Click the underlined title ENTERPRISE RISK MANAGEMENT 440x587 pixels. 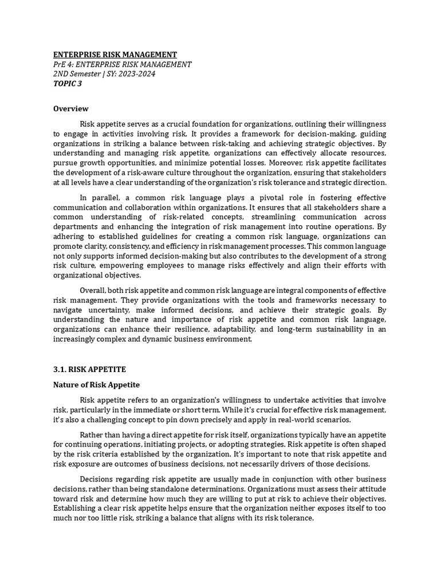click(115, 54)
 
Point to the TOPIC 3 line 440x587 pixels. click(67, 84)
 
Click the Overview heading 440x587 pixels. click(70, 108)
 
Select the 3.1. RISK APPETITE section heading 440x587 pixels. click(89, 370)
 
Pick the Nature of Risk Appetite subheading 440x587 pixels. click(96, 385)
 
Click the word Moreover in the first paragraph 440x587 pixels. click(258, 163)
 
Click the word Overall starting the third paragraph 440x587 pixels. click(94, 290)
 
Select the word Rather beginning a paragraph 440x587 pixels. click(92, 434)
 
